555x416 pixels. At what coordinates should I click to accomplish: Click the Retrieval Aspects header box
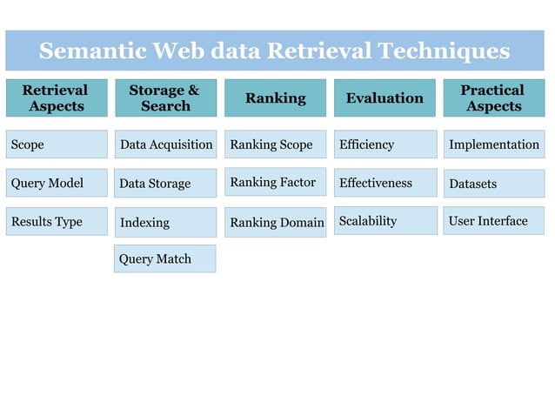click(x=56, y=98)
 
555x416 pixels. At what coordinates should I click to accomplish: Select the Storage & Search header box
click(x=165, y=98)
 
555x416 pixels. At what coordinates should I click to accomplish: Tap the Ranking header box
click(x=275, y=98)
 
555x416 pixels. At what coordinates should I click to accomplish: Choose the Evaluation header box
click(x=384, y=98)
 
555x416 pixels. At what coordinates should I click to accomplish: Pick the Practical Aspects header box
click(x=493, y=98)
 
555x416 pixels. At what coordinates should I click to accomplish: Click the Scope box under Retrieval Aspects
click(x=57, y=144)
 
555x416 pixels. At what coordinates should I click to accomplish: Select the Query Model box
click(x=57, y=183)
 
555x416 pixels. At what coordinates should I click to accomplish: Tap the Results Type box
click(x=57, y=221)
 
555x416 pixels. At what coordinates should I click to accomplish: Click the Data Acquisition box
click(x=165, y=144)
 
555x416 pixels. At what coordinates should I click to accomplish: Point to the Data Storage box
click(x=165, y=183)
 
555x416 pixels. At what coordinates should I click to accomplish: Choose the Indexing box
click(x=165, y=222)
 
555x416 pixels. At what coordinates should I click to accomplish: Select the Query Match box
click(x=165, y=258)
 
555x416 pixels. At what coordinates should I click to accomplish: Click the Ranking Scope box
click(x=275, y=144)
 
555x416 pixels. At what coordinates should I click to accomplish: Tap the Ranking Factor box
click(x=275, y=182)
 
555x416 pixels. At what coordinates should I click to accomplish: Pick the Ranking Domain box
click(x=275, y=222)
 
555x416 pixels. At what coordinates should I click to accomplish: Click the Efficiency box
click(x=385, y=144)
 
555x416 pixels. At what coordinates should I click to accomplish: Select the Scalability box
click(x=385, y=221)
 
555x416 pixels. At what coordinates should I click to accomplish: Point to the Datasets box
click(x=494, y=183)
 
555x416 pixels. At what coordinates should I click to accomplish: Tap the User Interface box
click(x=494, y=221)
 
